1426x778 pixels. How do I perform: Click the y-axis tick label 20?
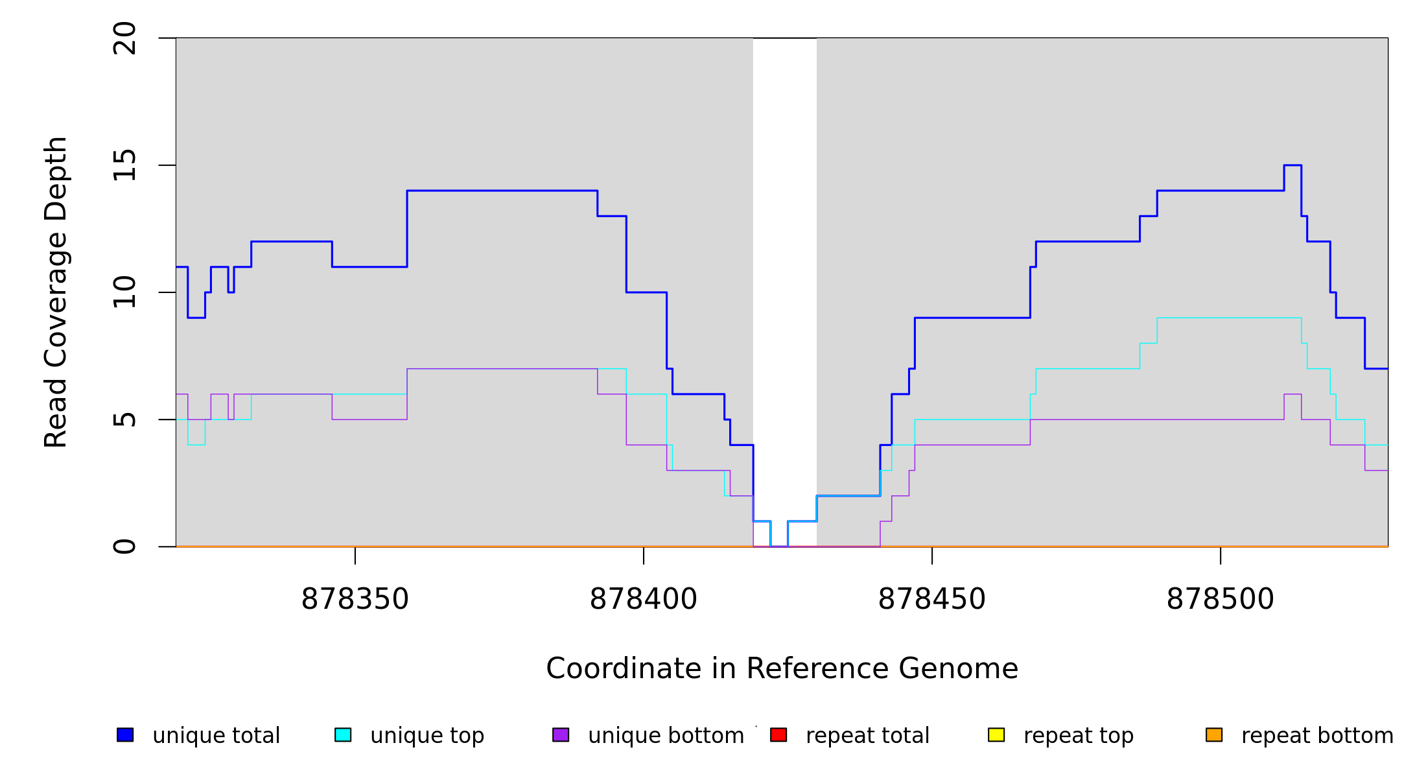[124, 38]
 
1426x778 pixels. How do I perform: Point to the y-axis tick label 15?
[124, 165]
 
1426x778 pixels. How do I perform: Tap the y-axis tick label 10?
[124, 292]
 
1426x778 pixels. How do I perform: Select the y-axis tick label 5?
[124, 419]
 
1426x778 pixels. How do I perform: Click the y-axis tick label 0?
[124, 547]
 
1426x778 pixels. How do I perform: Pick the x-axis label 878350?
[355, 599]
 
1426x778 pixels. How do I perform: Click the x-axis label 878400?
[644, 599]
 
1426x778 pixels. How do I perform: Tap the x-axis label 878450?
[932, 599]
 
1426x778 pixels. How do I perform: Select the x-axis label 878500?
[1221, 599]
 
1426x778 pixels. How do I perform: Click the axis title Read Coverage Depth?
[56, 292]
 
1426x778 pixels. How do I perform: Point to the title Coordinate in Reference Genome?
[782, 668]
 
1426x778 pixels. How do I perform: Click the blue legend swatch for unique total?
[125, 735]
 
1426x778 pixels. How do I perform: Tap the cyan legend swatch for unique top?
[343, 735]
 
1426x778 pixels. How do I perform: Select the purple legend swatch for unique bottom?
[561, 735]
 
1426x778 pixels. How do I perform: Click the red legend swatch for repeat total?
[778, 735]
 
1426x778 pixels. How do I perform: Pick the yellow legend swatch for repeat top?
[996, 735]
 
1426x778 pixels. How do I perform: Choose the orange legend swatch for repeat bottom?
[1214, 735]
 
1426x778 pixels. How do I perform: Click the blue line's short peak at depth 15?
[1292, 165]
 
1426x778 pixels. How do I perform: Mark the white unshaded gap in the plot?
[785, 259]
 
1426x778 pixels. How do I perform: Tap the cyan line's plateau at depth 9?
[1229, 318]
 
